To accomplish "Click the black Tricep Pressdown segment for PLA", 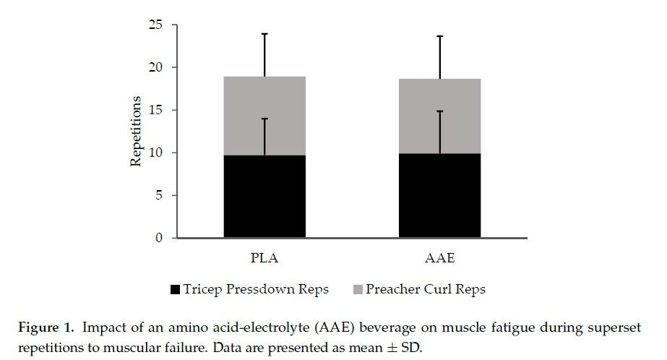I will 264,196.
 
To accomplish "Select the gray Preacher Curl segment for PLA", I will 264,116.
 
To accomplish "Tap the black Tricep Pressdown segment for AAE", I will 439,195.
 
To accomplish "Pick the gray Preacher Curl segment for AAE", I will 439,116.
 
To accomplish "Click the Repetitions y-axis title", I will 136,132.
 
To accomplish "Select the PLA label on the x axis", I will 264,257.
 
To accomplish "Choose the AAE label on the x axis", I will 439,257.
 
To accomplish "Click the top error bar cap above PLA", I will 264,34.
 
